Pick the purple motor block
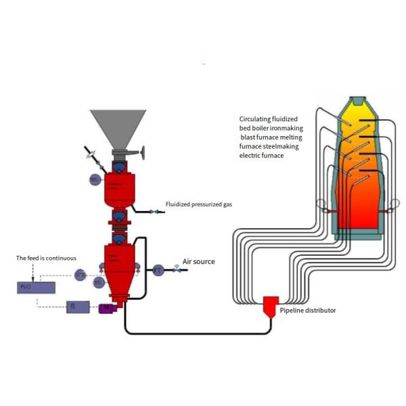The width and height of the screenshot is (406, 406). point(107,309)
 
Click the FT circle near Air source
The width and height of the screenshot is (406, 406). point(158,269)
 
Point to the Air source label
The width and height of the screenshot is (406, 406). point(200,262)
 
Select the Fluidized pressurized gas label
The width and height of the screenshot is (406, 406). point(199,204)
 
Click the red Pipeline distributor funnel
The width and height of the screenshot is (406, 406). point(271,307)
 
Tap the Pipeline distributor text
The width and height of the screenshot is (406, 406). point(308,311)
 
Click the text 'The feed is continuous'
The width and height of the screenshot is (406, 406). point(47,258)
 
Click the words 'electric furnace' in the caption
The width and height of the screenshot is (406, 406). point(261,155)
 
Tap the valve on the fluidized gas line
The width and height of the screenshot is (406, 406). point(154,212)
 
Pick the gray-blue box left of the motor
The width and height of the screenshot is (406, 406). point(78,307)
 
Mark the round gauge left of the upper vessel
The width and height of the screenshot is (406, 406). point(95,179)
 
